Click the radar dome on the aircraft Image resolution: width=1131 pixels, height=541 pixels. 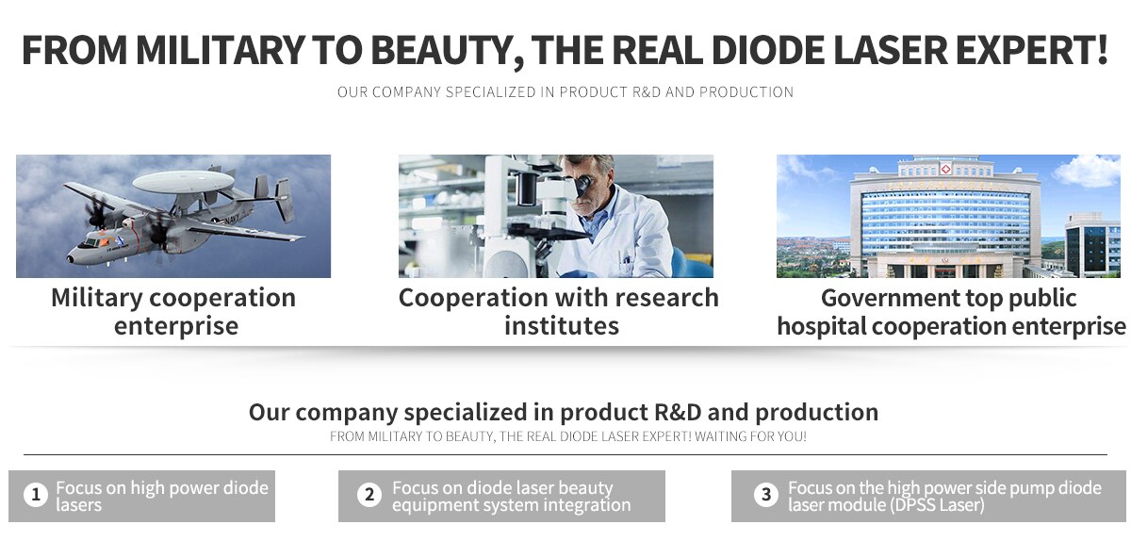click(183, 181)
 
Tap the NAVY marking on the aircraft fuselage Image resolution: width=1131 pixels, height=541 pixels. click(234, 219)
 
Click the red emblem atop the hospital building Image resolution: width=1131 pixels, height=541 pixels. click(945, 169)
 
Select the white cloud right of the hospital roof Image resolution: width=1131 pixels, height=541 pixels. click(1087, 171)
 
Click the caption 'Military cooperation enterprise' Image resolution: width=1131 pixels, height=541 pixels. click(173, 312)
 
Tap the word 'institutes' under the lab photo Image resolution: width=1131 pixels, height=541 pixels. click(562, 326)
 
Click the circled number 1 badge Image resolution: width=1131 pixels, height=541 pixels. click(36, 495)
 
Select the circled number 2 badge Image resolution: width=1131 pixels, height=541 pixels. click(369, 495)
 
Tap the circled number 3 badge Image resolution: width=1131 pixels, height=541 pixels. click(766, 495)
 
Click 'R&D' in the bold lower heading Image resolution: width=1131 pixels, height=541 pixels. click(678, 412)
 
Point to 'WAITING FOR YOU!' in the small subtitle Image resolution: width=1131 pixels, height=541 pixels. click(751, 436)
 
